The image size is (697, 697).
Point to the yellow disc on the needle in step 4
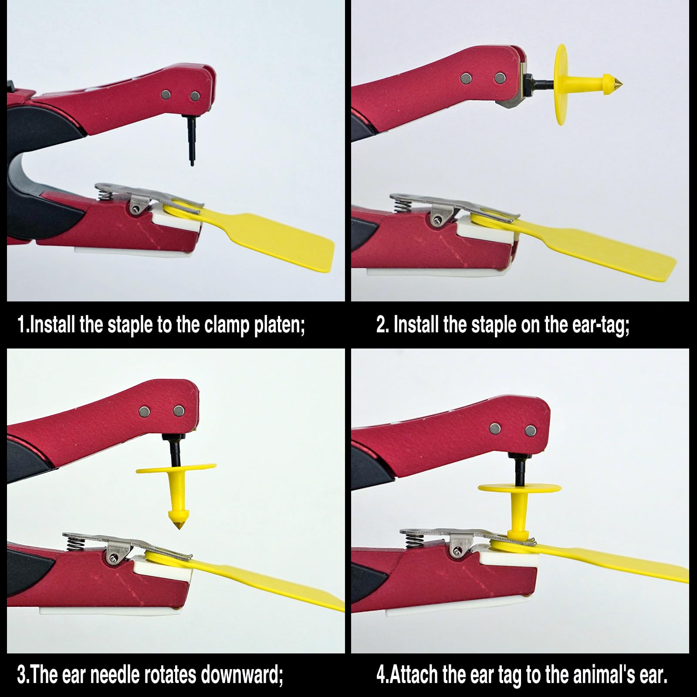(x=519, y=488)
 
